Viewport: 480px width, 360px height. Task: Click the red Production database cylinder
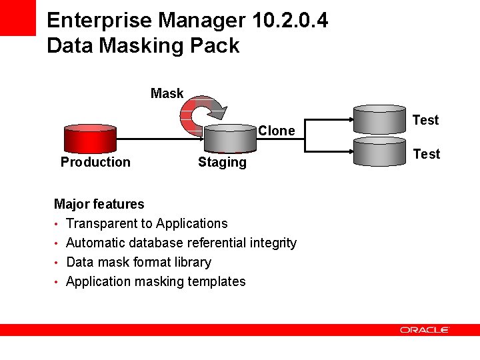click(x=89, y=138)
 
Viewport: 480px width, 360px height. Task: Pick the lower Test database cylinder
click(x=379, y=153)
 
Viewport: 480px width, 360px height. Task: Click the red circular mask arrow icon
click(x=202, y=115)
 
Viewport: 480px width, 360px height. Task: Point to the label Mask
click(x=167, y=93)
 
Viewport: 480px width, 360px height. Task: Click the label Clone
click(x=276, y=131)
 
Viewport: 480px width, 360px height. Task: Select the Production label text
click(x=95, y=162)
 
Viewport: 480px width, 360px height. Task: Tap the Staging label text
click(x=222, y=162)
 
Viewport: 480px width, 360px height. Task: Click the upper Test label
click(x=425, y=120)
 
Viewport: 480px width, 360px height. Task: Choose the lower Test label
click(x=426, y=154)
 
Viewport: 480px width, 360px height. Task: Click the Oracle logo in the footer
click(x=425, y=329)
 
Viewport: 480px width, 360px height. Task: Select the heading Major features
click(x=99, y=204)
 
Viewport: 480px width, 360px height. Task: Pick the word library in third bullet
click(x=189, y=262)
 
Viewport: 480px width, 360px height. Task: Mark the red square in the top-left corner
click(x=17, y=17)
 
